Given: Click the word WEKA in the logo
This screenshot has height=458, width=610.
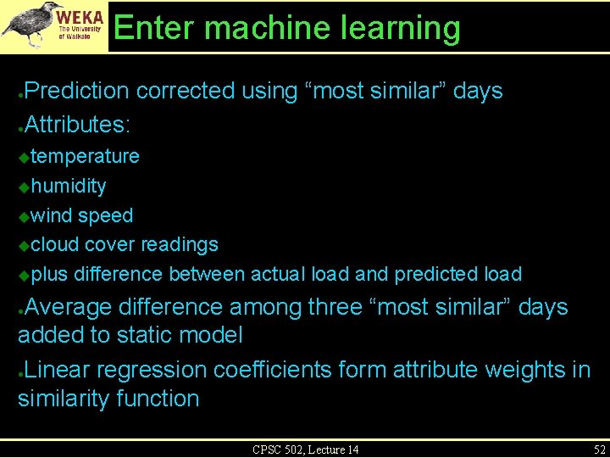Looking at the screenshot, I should pyautogui.click(x=80, y=17).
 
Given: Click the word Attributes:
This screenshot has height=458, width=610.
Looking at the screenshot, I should pyautogui.click(x=78, y=125).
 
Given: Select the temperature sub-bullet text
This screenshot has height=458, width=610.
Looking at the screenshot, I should pyautogui.click(x=85, y=156).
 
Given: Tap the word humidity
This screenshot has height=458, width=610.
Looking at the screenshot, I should pyautogui.click(x=69, y=186).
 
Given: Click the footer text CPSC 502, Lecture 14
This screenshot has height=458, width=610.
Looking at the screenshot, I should pyautogui.click(x=305, y=450).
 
